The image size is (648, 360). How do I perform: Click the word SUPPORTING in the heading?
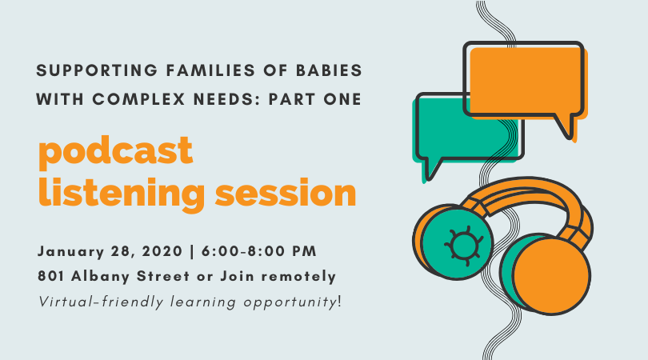[x=97, y=70]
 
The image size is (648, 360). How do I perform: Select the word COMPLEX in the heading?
[x=138, y=99]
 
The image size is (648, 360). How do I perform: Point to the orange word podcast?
[x=116, y=152]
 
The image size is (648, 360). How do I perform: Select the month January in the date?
[x=71, y=251]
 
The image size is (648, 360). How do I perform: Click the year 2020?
[x=162, y=251]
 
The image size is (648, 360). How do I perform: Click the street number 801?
[x=51, y=276]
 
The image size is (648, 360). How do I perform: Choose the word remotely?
[x=298, y=277]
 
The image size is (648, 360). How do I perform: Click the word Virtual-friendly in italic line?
[x=102, y=302]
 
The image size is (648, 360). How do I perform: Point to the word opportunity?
[x=290, y=302]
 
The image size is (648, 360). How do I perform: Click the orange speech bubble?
[x=525, y=82]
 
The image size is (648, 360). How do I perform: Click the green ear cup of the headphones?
[x=458, y=244]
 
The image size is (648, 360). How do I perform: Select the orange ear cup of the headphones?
[x=551, y=276]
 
